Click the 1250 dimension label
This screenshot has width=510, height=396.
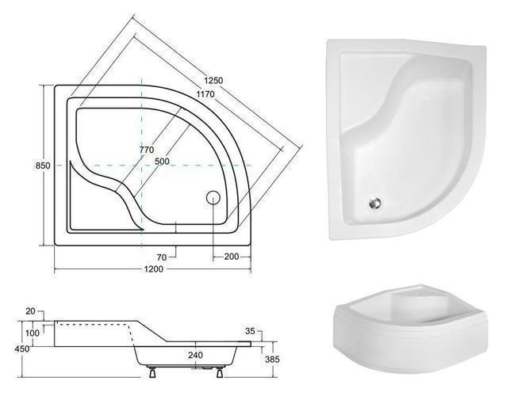point(213,80)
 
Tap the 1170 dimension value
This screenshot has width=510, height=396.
point(205,94)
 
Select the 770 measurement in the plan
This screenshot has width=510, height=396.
point(147,150)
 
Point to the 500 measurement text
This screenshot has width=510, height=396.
point(162,161)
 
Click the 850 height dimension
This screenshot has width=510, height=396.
point(43,166)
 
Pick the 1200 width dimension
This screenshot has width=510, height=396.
point(154,269)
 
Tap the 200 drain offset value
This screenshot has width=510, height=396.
point(232,257)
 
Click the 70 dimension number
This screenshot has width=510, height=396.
point(162,257)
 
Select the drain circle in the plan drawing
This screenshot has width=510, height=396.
point(213,197)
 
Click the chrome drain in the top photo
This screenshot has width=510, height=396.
point(376,204)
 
